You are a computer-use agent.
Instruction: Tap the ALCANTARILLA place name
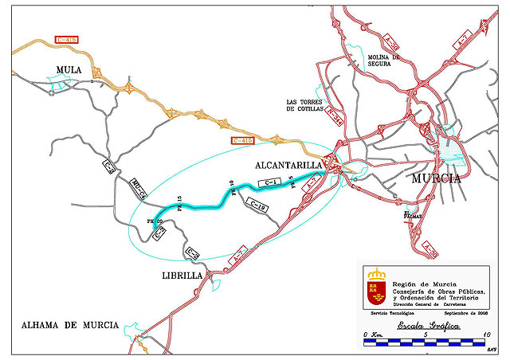pyautogui.click(x=288, y=165)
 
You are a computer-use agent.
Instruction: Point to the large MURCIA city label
pyautogui.click(x=436, y=178)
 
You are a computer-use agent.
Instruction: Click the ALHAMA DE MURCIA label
pyautogui.click(x=70, y=325)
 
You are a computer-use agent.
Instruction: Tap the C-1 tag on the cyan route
pyautogui.click(x=269, y=184)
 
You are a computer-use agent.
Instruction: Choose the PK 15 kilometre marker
pyautogui.click(x=181, y=203)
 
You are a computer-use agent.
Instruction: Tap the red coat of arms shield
pyautogui.click(x=375, y=289)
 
